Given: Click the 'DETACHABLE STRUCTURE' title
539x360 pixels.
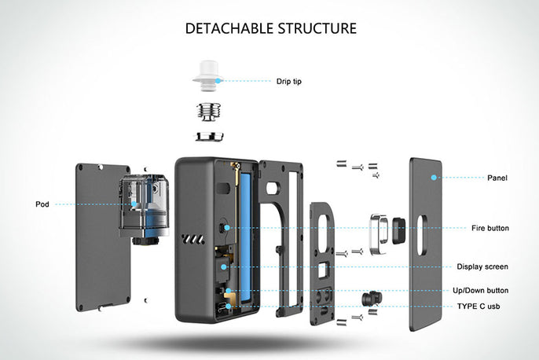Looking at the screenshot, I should coord(270,28).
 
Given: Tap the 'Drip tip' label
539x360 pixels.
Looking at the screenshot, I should coord(288,81).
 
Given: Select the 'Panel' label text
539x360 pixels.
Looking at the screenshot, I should coord(497,178).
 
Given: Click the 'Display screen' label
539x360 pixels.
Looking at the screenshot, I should coord(482,266).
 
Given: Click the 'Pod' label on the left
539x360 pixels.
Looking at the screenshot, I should coord(42,204).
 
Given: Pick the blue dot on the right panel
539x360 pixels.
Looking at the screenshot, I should coord(433,178).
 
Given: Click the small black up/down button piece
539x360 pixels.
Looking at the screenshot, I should coord(368,299).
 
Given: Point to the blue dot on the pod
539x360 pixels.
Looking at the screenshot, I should coord(135,204).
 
